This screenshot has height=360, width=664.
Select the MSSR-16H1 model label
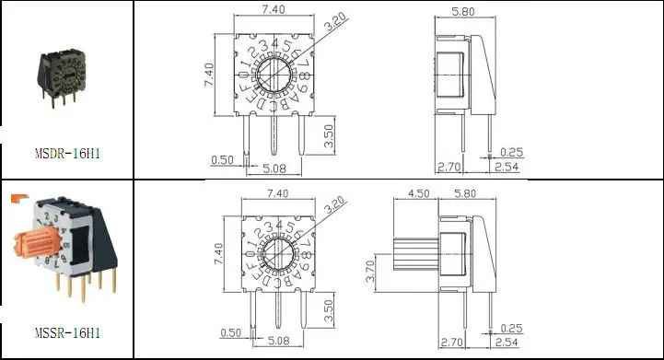66,331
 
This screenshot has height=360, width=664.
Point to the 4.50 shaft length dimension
418,194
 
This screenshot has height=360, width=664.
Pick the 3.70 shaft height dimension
370,271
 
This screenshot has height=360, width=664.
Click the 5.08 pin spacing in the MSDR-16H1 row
274,168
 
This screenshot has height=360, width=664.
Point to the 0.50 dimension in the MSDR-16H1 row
222,159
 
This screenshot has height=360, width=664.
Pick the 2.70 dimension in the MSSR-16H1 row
448,343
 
